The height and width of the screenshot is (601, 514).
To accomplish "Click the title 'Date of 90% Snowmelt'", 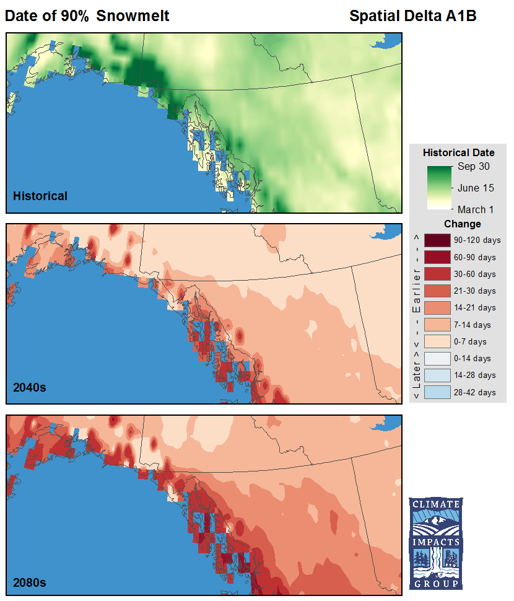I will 87,16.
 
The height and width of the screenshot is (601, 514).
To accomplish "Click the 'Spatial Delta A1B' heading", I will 412,16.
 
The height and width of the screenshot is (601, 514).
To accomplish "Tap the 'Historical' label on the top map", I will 40,196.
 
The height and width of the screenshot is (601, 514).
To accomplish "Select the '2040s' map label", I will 30,388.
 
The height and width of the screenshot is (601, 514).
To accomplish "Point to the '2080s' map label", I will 30,582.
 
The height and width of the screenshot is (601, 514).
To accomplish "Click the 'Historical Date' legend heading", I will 458,152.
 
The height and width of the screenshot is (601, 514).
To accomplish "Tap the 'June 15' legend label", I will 476,188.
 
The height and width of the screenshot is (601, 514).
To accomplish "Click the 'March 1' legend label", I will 476,209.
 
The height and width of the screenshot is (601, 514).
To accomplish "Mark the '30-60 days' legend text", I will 474,274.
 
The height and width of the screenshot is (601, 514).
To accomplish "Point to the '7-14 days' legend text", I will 473,325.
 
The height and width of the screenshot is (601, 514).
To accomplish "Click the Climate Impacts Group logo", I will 435,543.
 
